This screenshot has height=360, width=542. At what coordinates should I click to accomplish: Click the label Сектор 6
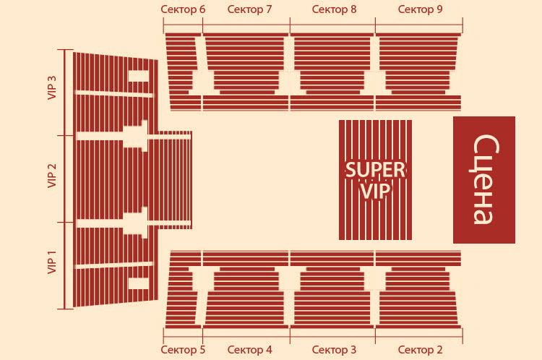183,9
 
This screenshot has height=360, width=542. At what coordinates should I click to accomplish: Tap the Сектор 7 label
249,9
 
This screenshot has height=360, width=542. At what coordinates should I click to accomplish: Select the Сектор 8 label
334,9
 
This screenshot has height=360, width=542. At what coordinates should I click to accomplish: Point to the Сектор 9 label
420,9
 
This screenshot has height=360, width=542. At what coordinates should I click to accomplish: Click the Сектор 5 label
183,350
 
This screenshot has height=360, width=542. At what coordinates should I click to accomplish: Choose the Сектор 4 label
249,350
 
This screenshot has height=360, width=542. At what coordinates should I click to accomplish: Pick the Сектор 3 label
334,350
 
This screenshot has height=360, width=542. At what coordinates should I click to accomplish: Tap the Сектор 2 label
420,350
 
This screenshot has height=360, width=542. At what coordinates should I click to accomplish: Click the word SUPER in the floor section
375,170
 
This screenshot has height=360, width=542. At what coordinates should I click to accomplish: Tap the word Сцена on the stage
483,180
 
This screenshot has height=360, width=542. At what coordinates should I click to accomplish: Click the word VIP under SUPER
375,191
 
